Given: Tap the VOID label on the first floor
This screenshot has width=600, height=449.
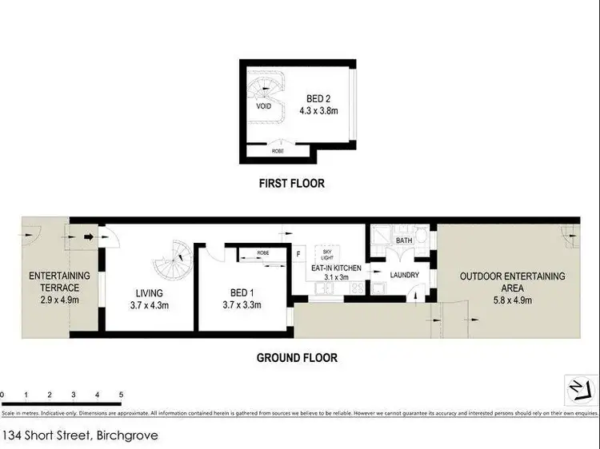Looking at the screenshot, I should pyautogui.click(x=263, y=106).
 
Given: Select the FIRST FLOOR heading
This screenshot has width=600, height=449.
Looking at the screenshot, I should pyautogui.click(x=291, y=184).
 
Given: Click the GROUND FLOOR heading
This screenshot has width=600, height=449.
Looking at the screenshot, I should pyautogui.click(x=297, y=358).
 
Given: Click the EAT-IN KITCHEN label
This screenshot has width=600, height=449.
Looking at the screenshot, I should pyautogui.click(x=336, y=269).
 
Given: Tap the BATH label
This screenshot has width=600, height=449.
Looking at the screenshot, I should pyautogui.click(x=403, y=240).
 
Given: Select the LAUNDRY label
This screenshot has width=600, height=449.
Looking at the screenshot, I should pyautogui.click(x=405, y=276).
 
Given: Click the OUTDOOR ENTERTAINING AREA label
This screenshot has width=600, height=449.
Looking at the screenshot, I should pyautogui.click(x=512, y=282).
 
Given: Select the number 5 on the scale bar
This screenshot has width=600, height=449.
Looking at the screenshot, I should pyautogui.click(x=121, y=395).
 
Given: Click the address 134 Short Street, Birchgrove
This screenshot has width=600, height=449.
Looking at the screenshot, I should pyautogui.click(x=80, y=436).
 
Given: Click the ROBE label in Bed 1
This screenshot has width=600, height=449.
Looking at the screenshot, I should pyautogui.click(x=262, y=253).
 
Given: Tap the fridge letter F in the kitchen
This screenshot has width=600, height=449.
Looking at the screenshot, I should pyautogui.click(x=298, y=255).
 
